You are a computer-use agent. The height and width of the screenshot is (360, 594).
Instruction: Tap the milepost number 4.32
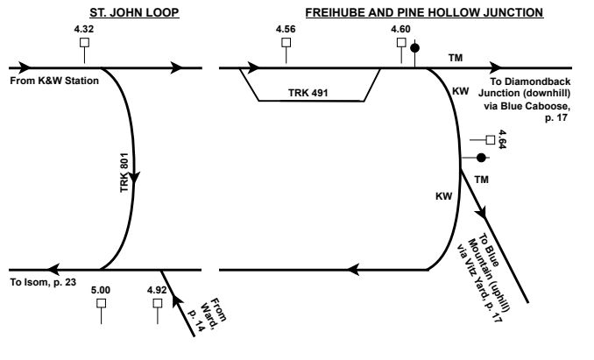84,30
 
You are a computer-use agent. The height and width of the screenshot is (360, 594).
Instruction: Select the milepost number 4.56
286,30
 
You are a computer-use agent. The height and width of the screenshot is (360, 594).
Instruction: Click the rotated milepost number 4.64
502,138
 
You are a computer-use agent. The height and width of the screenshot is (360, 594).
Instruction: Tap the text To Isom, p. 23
43,282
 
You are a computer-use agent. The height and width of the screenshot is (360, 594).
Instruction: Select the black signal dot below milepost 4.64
481,158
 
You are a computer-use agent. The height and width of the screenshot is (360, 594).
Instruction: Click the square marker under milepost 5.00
102,303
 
